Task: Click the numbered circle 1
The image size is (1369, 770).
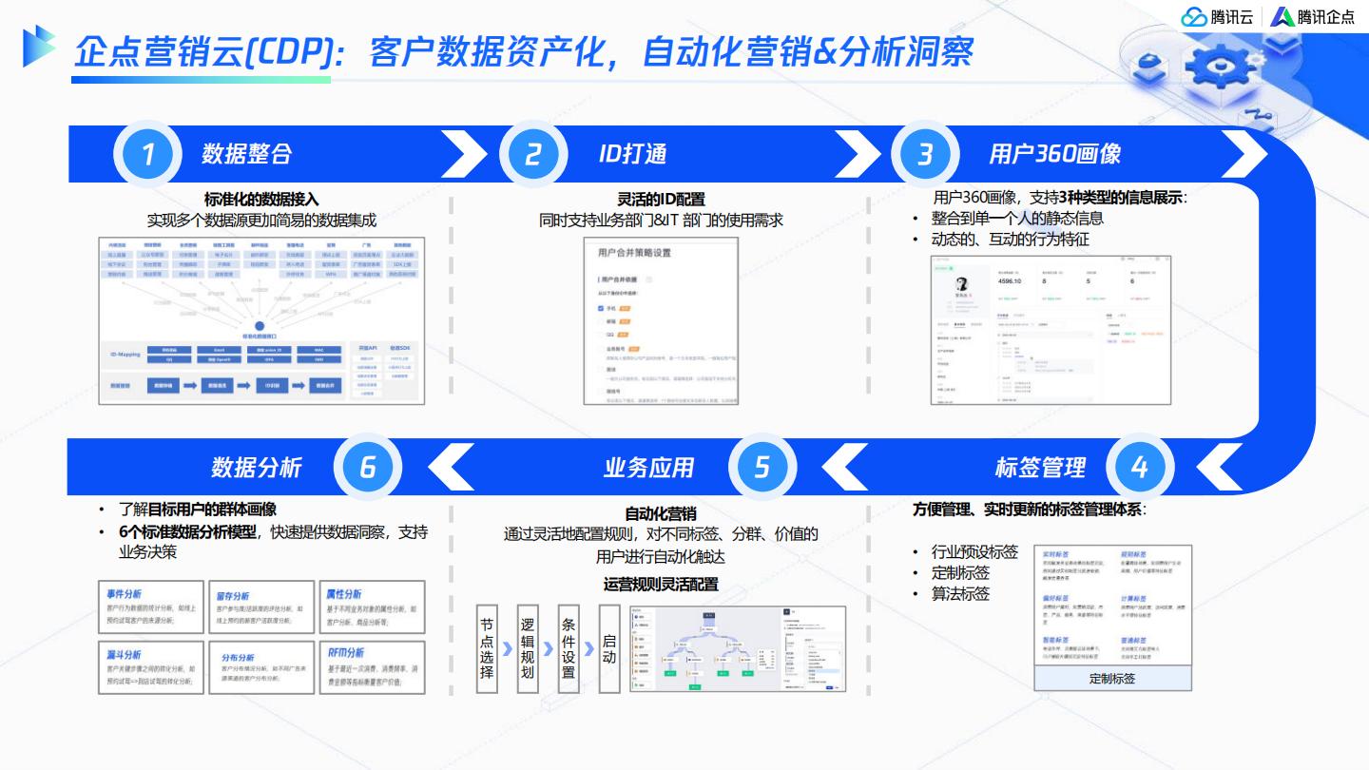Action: [x=147, y=154]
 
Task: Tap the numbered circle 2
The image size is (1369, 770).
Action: [x=532, y=154]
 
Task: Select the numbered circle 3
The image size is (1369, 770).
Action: [x=924, y=154]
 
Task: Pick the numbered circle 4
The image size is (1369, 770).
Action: [x=1139, y=467]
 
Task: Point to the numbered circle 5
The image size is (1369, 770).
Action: [x=762, y=467]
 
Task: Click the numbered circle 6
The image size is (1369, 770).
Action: [x=368, y=467]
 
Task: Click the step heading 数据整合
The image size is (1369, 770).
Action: [x=246, y=154]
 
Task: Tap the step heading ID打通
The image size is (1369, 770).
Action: [x=632, y=154]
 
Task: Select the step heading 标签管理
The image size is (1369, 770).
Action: [x=1040, y=468]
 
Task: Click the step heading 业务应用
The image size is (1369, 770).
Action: [x=649, y=468]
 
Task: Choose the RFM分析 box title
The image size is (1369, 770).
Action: [x=346, y=653]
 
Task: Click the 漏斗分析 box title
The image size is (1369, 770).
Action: [x=125, y=654]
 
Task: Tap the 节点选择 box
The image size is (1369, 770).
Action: [x=487, y=648]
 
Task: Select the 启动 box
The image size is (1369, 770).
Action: [x=609, y=648]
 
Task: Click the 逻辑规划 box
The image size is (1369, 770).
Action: [x=528, y=648]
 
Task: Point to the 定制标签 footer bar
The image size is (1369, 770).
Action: [x=1112, y=679]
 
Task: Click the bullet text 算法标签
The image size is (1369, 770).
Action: [x=961, y=594]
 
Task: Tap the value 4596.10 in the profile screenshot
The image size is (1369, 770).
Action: [x=1010, y=281]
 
